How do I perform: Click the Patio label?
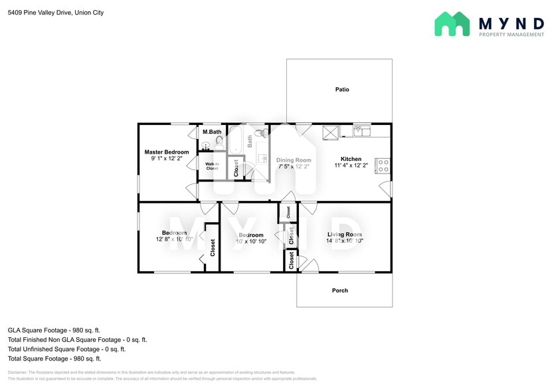(341, 89)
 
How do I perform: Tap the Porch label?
(339, 291)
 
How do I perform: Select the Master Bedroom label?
(167, 152)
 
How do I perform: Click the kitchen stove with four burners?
(383, 166)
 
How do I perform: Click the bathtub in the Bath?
(235, 141)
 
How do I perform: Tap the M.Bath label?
(212, 132)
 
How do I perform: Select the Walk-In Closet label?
(212, 166)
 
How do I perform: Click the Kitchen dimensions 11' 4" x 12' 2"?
(351, 166)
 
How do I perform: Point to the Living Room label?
(344, 235)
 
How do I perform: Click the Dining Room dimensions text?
(294, 167)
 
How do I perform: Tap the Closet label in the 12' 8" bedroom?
(213, 248)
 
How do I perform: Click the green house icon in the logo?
(452, 25)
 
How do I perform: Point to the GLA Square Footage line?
(54, 330)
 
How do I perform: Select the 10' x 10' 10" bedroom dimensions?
(251, 241)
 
